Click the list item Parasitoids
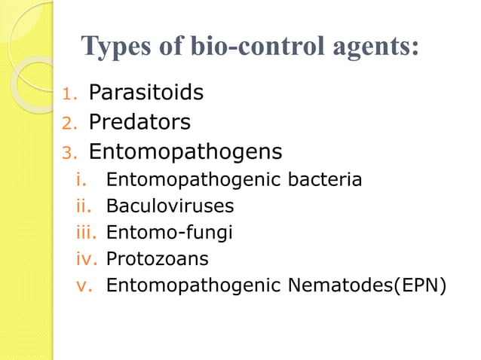point(146,93)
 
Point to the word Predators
point(139,122)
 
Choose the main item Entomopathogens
point(185,152)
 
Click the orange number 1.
point(69,94)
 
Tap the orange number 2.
point(69,124)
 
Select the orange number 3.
point(69,154)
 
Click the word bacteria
point(327,180)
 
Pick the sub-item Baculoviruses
point(170,206)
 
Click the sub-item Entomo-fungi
point(170,233)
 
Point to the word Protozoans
point(158,259)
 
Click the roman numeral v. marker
point(84,286)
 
